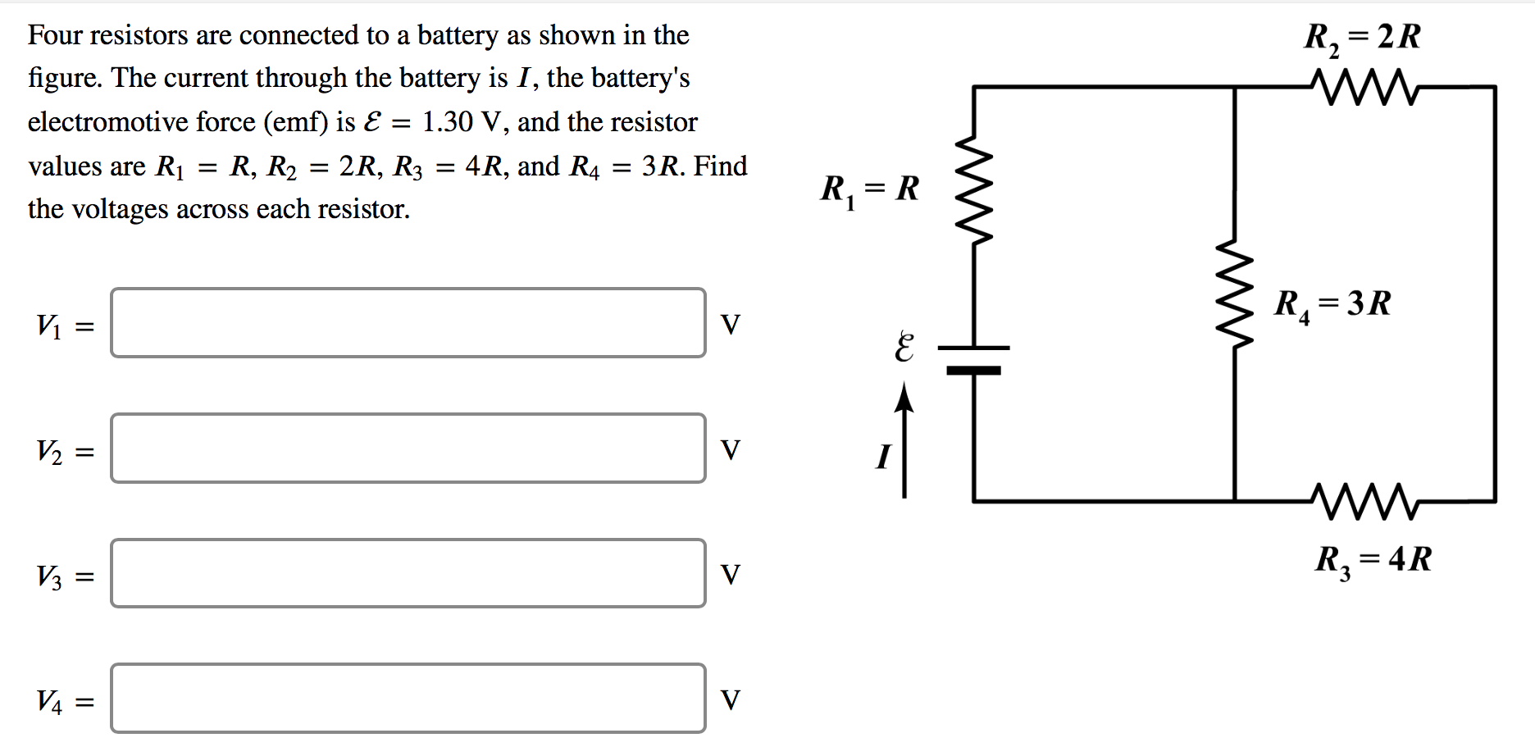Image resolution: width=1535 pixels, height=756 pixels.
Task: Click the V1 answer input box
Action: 408,323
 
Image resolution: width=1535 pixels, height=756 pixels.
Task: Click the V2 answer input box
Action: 408,449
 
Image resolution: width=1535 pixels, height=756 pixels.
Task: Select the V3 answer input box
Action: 408,573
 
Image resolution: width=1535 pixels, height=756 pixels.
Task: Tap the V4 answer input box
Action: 408,699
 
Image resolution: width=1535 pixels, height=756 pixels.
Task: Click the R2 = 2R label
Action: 1362,38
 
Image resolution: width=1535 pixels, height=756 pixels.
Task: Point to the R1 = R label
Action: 870,189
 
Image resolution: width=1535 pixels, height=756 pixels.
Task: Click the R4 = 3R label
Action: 1332,304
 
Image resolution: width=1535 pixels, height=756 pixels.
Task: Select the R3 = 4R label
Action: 1373,560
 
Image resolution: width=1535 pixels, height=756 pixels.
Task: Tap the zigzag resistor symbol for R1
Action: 974,190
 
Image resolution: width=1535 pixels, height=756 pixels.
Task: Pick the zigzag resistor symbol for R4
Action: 1235,294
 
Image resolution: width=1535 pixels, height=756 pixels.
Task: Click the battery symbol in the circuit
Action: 973,359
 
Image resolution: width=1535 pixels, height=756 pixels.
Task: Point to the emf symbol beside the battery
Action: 904,348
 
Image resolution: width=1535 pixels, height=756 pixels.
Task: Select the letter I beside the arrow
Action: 882,456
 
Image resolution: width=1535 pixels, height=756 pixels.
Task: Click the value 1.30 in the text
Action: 447,122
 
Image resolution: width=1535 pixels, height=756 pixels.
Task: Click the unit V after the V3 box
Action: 730,575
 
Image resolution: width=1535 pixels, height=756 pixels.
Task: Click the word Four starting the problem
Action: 55,35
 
